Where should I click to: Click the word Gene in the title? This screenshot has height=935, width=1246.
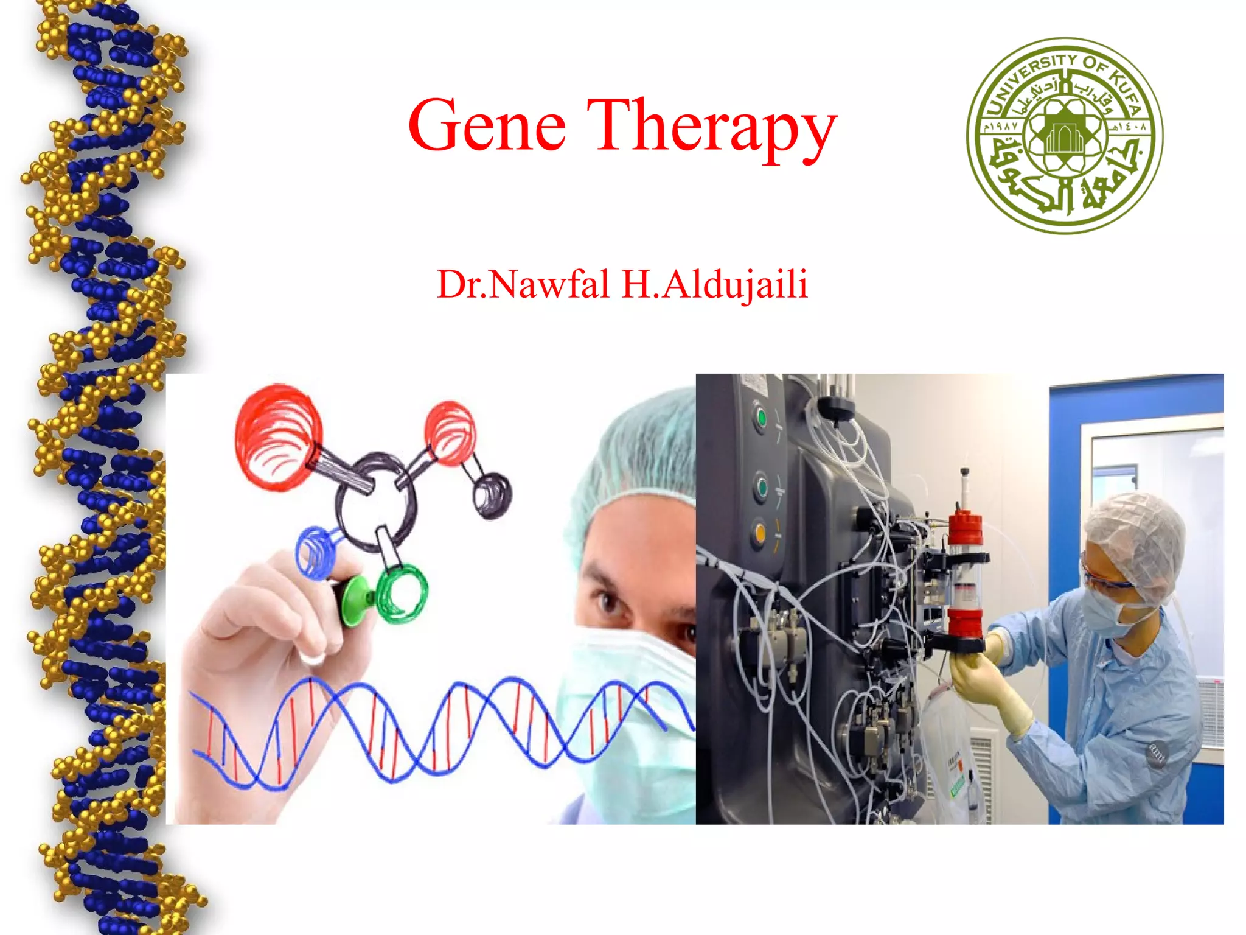(x=487, y=126)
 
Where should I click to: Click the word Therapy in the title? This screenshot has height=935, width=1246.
(x=712, y=128)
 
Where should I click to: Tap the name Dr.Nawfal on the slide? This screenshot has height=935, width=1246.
(x=523, y=284)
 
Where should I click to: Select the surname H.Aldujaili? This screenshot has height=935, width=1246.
(x=715, y=284)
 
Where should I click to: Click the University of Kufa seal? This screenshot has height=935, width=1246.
(x=1064, y=135)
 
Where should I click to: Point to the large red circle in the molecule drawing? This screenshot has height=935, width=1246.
(x=277, y=435)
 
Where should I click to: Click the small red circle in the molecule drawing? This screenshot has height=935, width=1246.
(x=450, y=432)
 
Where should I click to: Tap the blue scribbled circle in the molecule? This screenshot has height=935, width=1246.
(x=315, y=551)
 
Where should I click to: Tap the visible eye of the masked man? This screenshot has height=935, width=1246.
(x=608, y=603)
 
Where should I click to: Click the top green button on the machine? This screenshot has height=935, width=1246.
(x=760, y=418)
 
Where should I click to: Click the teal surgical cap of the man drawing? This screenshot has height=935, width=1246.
(x=639, y=450)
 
